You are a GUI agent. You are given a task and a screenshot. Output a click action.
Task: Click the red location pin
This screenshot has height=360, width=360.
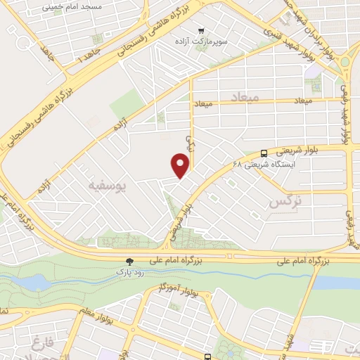coord(181,165)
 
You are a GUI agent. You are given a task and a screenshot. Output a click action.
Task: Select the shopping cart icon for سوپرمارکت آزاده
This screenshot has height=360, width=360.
coord(200,30)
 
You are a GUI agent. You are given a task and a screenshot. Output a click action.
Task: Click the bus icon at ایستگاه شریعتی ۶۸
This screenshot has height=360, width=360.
coord(264,153)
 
